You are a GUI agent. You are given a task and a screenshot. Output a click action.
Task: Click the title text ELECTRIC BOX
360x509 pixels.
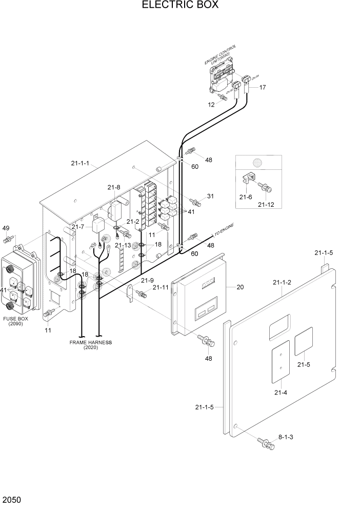point(179,6)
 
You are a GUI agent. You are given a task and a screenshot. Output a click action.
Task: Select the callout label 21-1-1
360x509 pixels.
point(81,164)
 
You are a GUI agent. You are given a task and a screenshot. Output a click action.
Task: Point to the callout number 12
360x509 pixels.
point(210,105)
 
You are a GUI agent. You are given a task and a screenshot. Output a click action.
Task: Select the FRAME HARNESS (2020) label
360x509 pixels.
point(90,345)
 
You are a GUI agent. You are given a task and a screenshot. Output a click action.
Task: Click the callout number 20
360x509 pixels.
point(239,287)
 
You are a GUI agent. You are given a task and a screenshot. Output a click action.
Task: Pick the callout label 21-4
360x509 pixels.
point(281,393)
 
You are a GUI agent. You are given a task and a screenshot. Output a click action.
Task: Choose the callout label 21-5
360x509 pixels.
point(304,365)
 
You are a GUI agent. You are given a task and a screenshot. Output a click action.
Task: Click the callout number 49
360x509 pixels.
point(6,228)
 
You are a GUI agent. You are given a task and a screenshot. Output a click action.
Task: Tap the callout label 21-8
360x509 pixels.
point(113,187)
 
